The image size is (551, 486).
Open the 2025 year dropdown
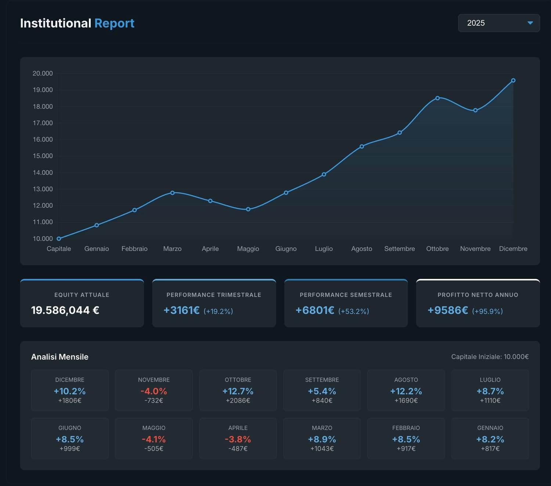[x=498, y=23]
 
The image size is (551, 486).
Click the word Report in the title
[x=114, y=23]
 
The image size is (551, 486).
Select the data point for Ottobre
[x=437, y=98]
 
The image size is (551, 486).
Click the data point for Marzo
[x=172, y=193]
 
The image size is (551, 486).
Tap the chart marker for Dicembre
[x=513, y=80]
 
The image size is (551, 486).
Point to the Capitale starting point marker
[x=59, y=239]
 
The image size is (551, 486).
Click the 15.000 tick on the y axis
[x=43, y=156]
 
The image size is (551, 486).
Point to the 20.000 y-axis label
[x=43, y=73]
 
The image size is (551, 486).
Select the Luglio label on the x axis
[x=324, y=249]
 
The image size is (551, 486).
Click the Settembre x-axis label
[x=399, y=249]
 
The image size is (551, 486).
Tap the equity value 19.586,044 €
[x=65, y=310]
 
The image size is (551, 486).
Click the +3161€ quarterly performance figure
[x=181, y=310]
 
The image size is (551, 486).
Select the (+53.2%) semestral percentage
[x=353, y=311]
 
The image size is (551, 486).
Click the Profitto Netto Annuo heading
[x=478, y=295]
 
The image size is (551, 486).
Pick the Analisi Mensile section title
[x=60, y=357]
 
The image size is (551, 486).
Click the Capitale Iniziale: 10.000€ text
[x=490, y=357]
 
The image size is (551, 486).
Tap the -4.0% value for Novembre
[x=154, y=391]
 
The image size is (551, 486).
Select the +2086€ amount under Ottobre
[x=238, y=400]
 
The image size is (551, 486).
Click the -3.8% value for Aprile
[x=238, y=439]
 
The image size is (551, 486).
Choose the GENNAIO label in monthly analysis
[x=490, y=428]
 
